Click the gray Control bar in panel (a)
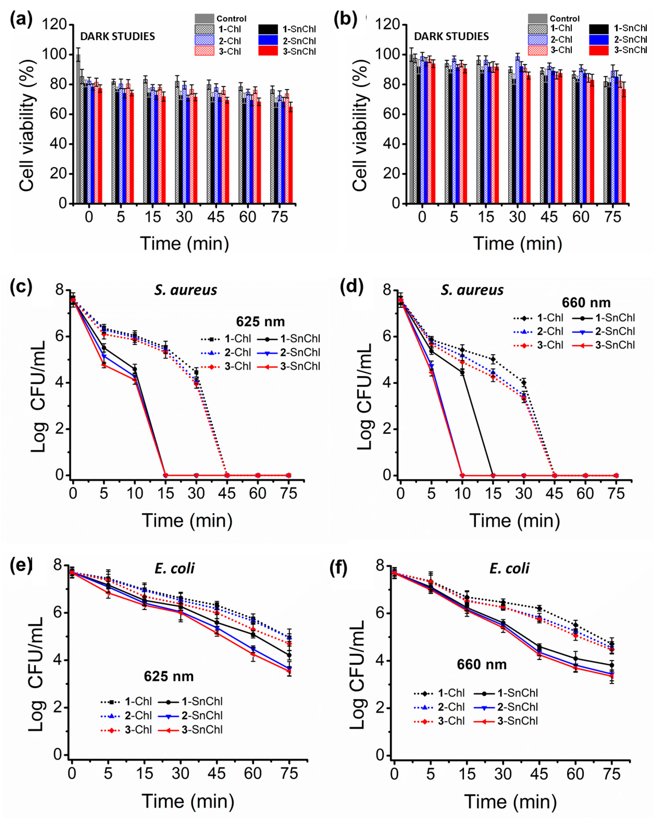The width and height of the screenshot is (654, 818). [78, 129]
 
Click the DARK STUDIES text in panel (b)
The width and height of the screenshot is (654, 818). [451, 36]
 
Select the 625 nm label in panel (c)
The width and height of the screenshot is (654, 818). [260, 322]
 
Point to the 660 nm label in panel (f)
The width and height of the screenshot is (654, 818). [481, 664]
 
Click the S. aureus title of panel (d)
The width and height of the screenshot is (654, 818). [472, 290]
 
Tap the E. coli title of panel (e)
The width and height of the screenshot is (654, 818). [174, 568]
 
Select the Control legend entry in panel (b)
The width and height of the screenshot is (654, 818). [553, 19]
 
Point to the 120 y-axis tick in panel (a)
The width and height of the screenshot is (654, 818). [54, 25]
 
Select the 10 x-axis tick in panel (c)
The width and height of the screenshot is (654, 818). [134, 493]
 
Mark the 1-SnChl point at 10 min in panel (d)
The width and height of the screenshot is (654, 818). [462, 372]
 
